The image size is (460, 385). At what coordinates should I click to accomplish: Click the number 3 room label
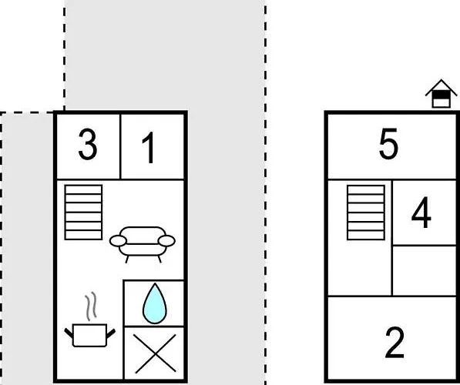(x=88, y=145)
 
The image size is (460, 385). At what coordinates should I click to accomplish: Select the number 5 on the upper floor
(x=388, y=144)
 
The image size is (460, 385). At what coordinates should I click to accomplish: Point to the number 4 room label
(x=421, y=213)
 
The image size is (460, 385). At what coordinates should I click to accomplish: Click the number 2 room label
(x=395, y=343)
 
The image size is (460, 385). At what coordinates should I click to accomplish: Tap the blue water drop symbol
(x=155, y=303)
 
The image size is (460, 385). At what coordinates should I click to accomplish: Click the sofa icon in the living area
(x=143, y=244)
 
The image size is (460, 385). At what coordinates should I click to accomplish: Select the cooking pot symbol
(x=89, y=335)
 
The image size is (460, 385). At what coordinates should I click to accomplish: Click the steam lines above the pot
(x=91, y=306)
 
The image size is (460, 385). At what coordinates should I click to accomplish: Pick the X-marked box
(x=155, y=353)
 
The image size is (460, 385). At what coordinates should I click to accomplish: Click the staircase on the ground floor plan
(x=84, y=213)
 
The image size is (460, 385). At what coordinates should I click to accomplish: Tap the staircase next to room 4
(x=366, y=213)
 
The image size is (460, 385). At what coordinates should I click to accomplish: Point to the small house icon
(x=442, y=93)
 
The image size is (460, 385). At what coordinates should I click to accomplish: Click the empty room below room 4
(x=425, y=270)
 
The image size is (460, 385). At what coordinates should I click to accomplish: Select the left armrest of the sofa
(x=118, y=241)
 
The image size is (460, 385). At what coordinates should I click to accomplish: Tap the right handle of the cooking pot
(x=111, y=333)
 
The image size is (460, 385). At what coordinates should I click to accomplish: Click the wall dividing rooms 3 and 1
(x=120, y=146)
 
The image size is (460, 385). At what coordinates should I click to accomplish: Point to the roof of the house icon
(x=442, y=87)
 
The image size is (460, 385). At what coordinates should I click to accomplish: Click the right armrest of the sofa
(x=166, y=241)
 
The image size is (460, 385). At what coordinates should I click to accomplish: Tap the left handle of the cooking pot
(x=69, y=333)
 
